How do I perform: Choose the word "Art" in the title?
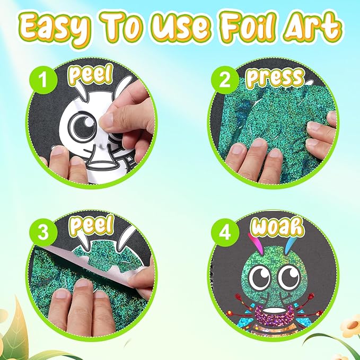pos(313,25)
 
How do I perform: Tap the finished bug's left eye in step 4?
pos(259,276)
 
